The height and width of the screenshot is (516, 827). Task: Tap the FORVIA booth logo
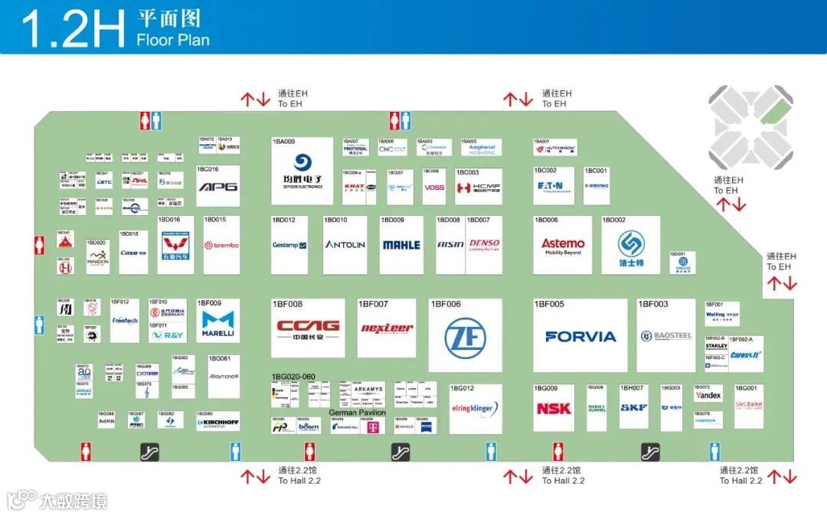pyautogui.click(x=580, y=336)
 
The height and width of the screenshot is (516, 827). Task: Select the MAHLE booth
pyautogui.click(x=401, y=245)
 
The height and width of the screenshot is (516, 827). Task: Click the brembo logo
pyautogui.click(x=221, y=246)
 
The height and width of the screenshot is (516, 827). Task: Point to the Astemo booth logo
pyautogui.click(x=563, y=245)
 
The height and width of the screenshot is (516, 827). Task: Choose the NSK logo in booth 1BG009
pyautogui.click(x=554, y=409)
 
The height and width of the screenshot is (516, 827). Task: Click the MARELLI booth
pyautogui.click(x=218, y=325)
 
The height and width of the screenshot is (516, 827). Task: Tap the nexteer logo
pyautogui.click(x=387, y=328)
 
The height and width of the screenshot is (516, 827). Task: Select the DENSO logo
pyautogui.click(x=484, y=244)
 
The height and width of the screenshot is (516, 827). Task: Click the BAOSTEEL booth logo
pyautogui.click(x=666, y=336)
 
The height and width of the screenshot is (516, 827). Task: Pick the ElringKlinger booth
pyautogui.click(x=475, y=410)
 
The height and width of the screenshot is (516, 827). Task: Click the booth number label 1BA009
pyautogui.click(x=283, y=142)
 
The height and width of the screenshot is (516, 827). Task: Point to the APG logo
pyautogui.click(x=218, y=186)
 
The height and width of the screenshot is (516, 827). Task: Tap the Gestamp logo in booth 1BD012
pyautogui.click(x=289, y=245)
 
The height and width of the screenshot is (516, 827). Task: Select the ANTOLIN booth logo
pyautogui.click(x=345, y=245)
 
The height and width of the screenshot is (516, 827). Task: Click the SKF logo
pyautogui.click(x=634, y=409)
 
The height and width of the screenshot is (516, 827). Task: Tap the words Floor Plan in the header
pyautogui.click(x=173, y=41)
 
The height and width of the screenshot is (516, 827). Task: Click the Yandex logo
pyautogui.click(x=708, y=396)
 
